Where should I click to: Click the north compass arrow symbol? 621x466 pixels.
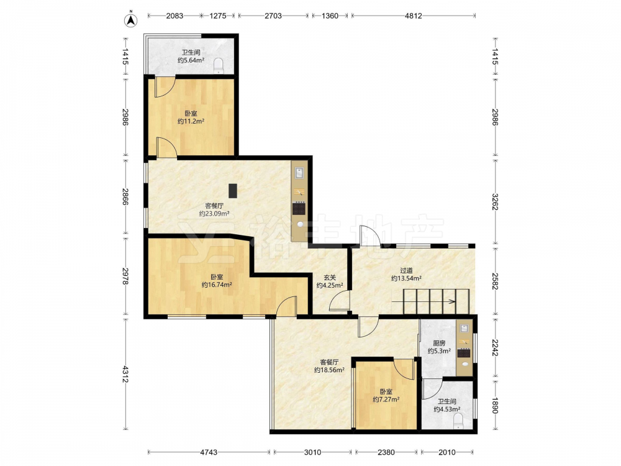pyautogui.click(x=131, y=21)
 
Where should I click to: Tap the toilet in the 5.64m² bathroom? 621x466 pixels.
pyautogui.click(x=219, y=66)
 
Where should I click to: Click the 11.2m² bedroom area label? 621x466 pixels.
pyautogui.click(x=191, y=117)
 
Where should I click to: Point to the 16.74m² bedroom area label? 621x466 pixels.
pyautogui.click(x=217, y=281)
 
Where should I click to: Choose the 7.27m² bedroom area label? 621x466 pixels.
pyautogui.click(x=386, y=395)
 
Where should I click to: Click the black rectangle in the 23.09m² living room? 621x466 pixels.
pyautogui.click(x=233, y=191)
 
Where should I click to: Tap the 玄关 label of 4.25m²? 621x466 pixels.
pyautogui.click(x=330, y=281)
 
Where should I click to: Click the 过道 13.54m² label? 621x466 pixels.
pyautogui.click(x=406, y=274)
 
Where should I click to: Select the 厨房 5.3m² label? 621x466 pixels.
pyautogui.click(x=439, y=347)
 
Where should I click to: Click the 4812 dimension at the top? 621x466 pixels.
pyautogui.click(x=414, y=16)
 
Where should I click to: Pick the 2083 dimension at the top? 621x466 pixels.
pyautogui.click(x=175, y=16)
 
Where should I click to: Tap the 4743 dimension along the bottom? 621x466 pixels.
pyautogui.click(x=209, y=452)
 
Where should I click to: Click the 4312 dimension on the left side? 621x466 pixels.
pyautogui.click(x=125, y=374)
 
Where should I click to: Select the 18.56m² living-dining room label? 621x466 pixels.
pyautogui.click(x=329, y=366)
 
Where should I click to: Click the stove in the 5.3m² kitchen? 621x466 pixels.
pyautogui.click(x=464, y=352)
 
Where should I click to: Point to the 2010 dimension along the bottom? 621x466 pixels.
pyautogui.click(x=447, y=452)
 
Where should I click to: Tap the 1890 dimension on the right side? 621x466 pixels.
pyautogui.click(x=495, y=404)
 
